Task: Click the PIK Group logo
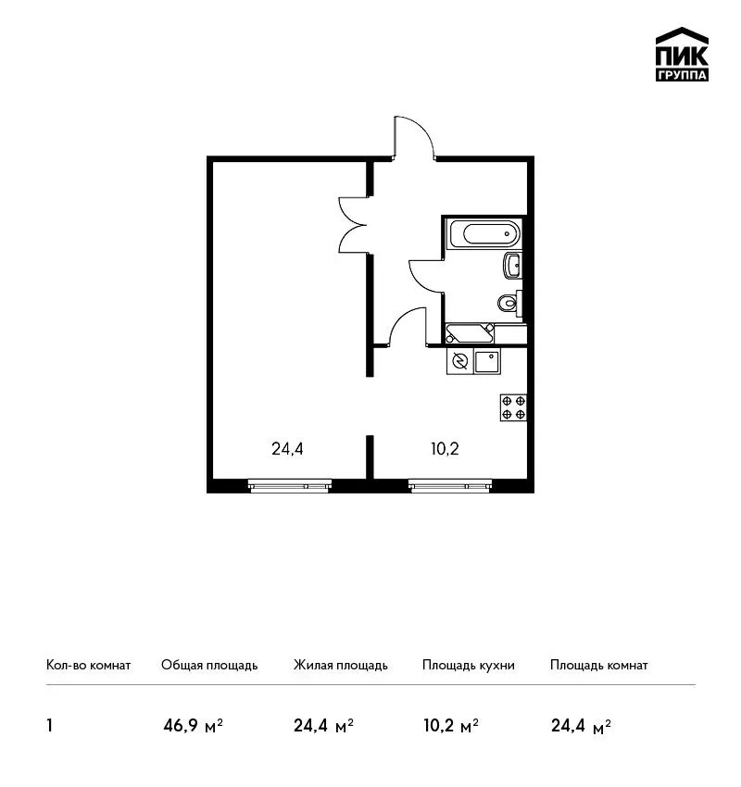(682, 55)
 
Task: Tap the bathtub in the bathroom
(484, 234)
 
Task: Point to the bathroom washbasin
(512, 265)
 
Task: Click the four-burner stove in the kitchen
(513, 407)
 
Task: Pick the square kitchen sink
(488, 361)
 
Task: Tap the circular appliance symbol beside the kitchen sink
(459, 361)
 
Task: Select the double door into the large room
(355, 225)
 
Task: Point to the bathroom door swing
(427, 278)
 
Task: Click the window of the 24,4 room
(290, 485)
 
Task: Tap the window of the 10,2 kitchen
(450, 485)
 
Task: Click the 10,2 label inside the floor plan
(445, 449)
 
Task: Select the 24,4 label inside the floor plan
(287, 449)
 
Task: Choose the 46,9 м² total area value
(193, 726)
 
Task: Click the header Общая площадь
(209, 666)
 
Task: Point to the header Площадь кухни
(469, 666)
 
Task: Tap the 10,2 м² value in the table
(451, 726)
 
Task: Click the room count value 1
(49, 726)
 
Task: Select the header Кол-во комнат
(88, 666)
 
